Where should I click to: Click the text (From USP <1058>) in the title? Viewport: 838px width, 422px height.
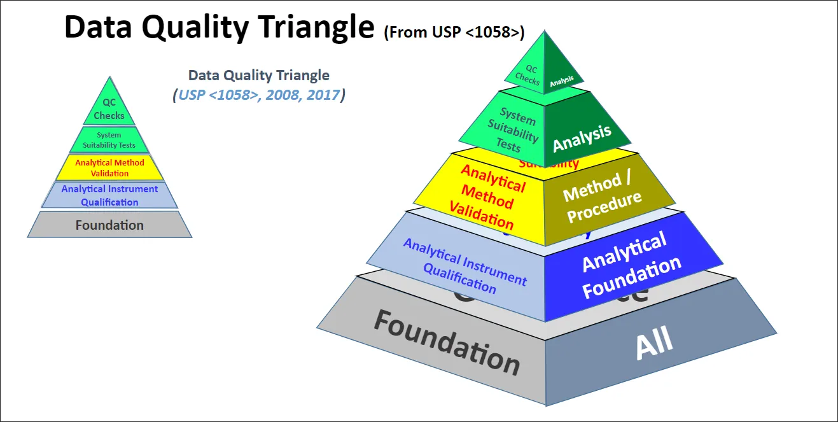tap(454, 32)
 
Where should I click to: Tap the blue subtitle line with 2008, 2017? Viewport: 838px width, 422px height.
tap(259, 95)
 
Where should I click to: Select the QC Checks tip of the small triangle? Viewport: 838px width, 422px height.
tap(109, 109)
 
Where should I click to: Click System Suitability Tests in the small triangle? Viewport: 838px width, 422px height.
tap(109, 140)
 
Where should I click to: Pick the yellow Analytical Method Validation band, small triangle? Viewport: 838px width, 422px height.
tap(109, 168)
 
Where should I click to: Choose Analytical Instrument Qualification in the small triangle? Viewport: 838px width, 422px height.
tap(109, 195)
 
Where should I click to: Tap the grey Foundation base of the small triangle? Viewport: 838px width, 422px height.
tap(109, 225)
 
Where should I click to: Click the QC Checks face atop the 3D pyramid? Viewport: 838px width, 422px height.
tap(527, 74)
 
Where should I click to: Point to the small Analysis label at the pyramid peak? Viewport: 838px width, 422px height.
tap(562, 80)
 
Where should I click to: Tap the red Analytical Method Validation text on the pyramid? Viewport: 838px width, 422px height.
tap(487, 196)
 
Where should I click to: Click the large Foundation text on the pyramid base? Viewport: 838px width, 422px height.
tap(446, 342)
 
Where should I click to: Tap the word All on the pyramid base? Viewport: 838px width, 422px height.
tap(654, 344)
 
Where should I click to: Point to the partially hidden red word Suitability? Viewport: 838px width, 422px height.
tap(548, 164)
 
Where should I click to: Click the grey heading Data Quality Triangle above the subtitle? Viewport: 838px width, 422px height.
tap(259, 75)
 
